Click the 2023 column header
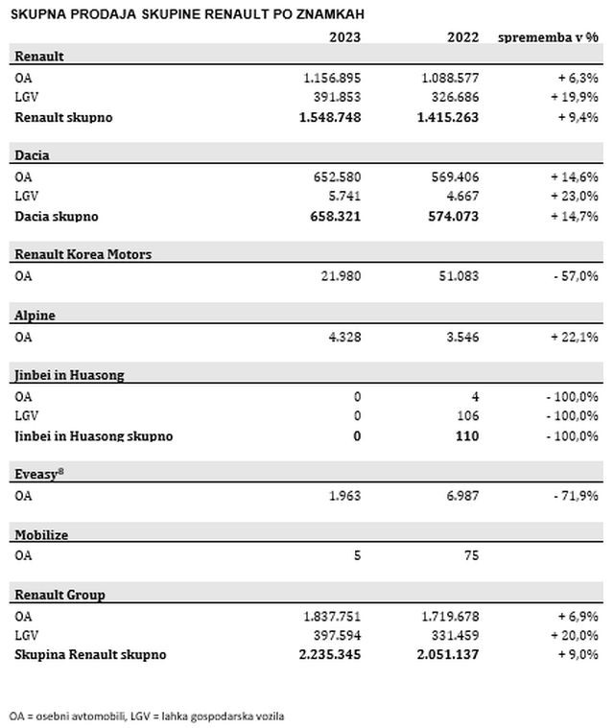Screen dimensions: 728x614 [343, 37]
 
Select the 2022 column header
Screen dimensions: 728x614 [463, 37]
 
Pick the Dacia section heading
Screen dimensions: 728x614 [33, 155]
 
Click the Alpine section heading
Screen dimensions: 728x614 [34, 316]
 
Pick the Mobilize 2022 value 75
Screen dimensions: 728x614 [470, 555]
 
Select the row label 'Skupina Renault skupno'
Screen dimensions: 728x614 [90, 654]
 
